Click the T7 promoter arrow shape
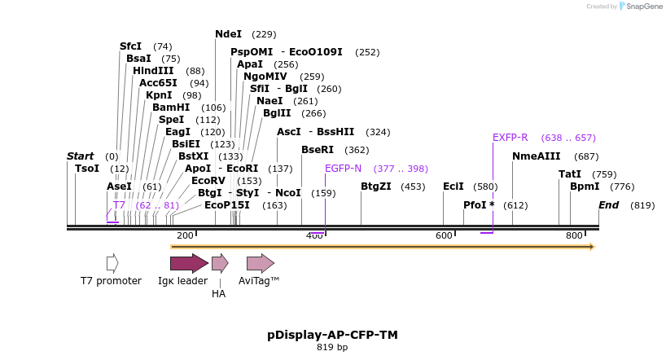(x=112, y=263)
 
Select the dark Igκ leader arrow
(x=188, y=263)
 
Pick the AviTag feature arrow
(x=260, y=263)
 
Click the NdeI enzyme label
(x=228, y=34)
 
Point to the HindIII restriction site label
(x=153, y=71)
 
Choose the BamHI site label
(x=171, y=108)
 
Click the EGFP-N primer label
(x=343, y=169)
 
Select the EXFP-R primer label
(x=510, y=138)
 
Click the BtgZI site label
(x=377, y=187)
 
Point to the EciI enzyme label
(x=453, y=187)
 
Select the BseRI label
(x=318, y=150)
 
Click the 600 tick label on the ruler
(x=445, y=235)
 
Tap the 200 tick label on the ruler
(x=185, y=235)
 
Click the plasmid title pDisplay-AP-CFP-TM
(x=332, y=335)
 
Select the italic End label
(x=608, y=205)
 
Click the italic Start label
(x=80, y=156)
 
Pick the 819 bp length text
(x=332, y=348)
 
